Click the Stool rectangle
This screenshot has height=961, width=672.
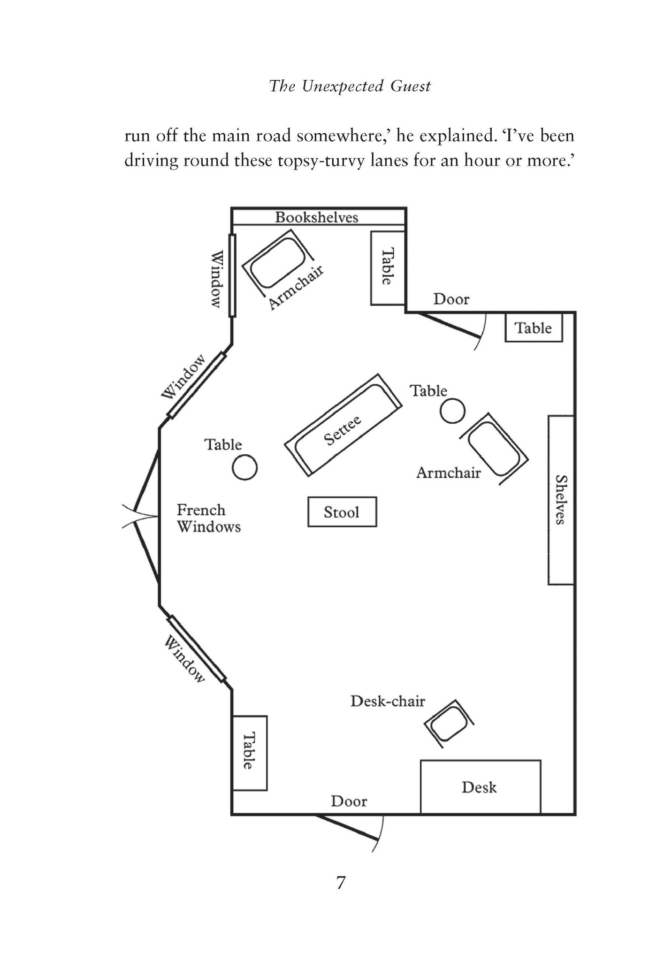tap(342, 511)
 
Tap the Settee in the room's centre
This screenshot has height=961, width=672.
tap(343, 425)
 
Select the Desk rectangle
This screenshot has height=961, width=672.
tap(480, 787)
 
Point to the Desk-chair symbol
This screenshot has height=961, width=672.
tap(449, 723)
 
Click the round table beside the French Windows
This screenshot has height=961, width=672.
tap(244, 467)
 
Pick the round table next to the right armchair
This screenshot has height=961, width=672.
tap(452, 411)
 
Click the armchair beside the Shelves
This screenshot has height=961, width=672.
tap(494, 449)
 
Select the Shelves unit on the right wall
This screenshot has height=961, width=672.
tap(561, 500)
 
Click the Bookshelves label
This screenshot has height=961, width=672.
tap(317, 217)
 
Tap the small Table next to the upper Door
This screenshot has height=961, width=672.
tap(534, 328)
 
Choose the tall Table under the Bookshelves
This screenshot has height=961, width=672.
tap(388, 268)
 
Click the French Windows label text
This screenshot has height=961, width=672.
tap(209, 518)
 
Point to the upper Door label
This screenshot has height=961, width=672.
tap(451, 299)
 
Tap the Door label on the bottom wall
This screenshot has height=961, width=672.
tap(349, 801)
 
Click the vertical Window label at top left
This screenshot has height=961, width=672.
tap(216, 279)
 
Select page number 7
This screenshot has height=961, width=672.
tap(341, 883)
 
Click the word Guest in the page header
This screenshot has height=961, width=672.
tap(411, 86)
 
